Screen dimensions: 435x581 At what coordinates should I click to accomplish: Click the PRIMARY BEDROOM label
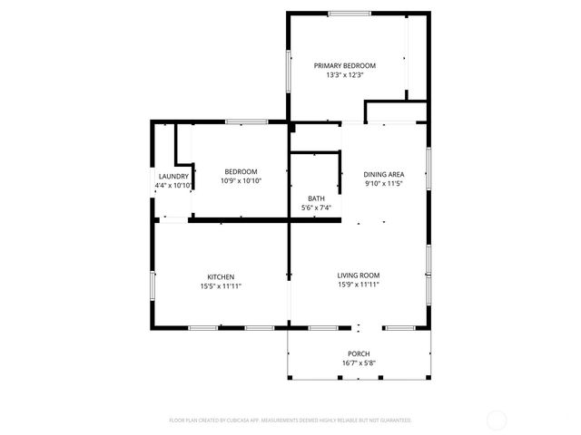pyautogui.click(x=344, y=65)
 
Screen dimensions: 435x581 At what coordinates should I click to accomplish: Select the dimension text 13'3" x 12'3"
pyautogui.click(x=344, y=75)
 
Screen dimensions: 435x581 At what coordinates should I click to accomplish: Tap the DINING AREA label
pyautogui.click(x=383, y=174)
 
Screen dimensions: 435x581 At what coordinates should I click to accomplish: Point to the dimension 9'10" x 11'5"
pyautogui.click(x=383, y=184)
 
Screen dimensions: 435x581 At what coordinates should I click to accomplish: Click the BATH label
pyautogui.click(x=316, y=198)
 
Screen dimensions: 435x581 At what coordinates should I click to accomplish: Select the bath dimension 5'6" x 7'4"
pyautogui.click(x=316, y=208)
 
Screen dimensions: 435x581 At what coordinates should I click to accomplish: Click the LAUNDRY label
pyautogui.click(x=173, y=176)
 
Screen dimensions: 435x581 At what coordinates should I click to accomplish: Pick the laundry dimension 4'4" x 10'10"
pyautogui.click(x=173, y=186)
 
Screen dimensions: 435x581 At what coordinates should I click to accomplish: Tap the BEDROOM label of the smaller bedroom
pyautogui.click(x=241, y=171)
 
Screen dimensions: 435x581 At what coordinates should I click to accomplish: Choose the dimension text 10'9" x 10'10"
pyautogui.click(x=241, y=181)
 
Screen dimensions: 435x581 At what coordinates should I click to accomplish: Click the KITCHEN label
pyautogui.click(x=221, y=276)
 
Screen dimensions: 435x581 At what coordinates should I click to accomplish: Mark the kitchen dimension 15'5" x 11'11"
pyautogui.click(x=221, y=286)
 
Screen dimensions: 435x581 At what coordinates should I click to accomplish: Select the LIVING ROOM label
pyautogui.click(x=358, y=275)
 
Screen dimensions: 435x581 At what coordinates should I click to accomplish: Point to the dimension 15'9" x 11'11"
pyautogui.click(x=358, y=285)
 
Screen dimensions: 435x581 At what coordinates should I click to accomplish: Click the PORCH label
pyautogui.click(x=359, y=353)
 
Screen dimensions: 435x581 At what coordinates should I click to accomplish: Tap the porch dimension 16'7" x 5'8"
pyautogui.click(x=359, y=363)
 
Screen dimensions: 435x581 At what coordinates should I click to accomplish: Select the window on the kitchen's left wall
pyautogui.click(x=153, y=285)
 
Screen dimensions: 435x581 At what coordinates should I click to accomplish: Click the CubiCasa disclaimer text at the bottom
pyautogui.click(x=290, y=420)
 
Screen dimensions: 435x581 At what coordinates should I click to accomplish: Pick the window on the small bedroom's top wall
pyautogui.click(x=245, y=121)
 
